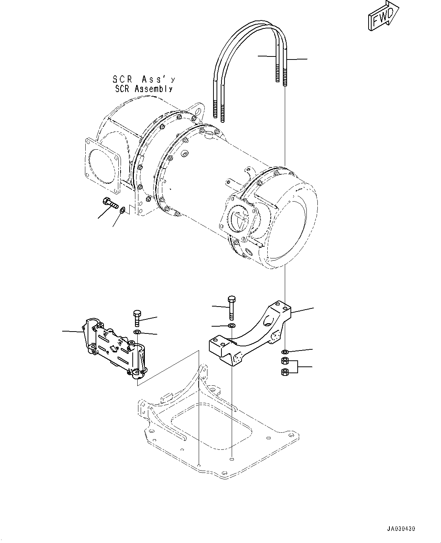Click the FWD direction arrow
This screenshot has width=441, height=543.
tap(382, 16)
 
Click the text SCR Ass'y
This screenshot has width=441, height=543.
tap(144, 80)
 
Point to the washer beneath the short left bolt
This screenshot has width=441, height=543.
tap(137, 332)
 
